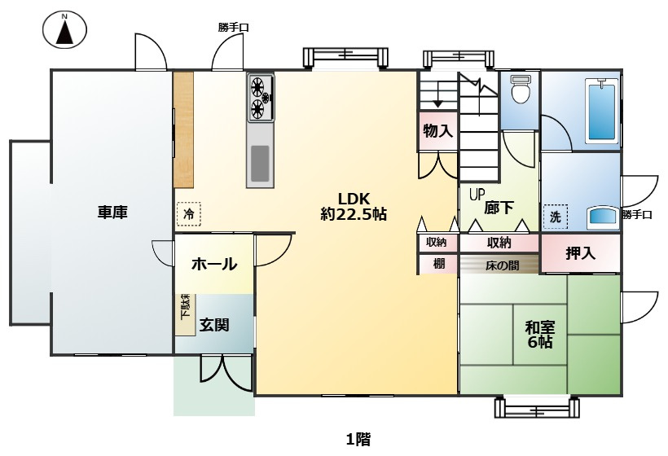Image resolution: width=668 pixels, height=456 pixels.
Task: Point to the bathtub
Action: click(600, 110)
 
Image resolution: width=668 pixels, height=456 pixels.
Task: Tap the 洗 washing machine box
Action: click(556, 217)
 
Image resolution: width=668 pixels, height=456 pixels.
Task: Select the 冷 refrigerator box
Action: click(188, 214)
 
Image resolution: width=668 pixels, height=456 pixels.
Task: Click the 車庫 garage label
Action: click(112, 213)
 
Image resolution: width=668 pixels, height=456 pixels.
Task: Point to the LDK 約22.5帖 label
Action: click(354, 207)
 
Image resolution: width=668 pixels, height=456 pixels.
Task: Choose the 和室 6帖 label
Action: click(539, 335)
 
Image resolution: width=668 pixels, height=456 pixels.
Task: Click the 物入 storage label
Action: click(437, 129)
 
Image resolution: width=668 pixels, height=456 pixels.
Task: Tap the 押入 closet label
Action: click(580, 253)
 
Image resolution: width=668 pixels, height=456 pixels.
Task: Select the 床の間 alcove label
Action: click(499, 265)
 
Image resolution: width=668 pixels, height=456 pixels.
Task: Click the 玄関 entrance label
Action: click(213, 325)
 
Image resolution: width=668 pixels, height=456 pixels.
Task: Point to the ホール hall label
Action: click(214, 264)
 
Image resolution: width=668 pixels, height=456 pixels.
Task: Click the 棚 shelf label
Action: click(438, 264)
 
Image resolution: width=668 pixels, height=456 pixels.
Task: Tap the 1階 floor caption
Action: click(358, 440)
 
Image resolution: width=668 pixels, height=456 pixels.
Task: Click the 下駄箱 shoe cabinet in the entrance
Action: click(185, 312)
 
